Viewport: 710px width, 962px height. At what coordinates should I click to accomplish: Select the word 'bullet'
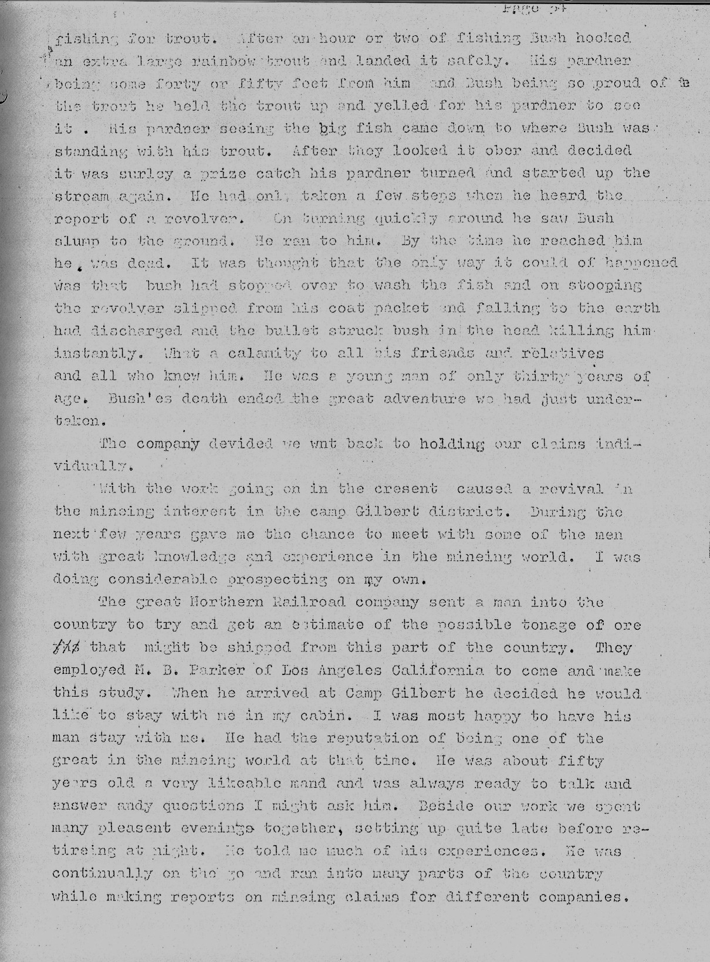[284, 331]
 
